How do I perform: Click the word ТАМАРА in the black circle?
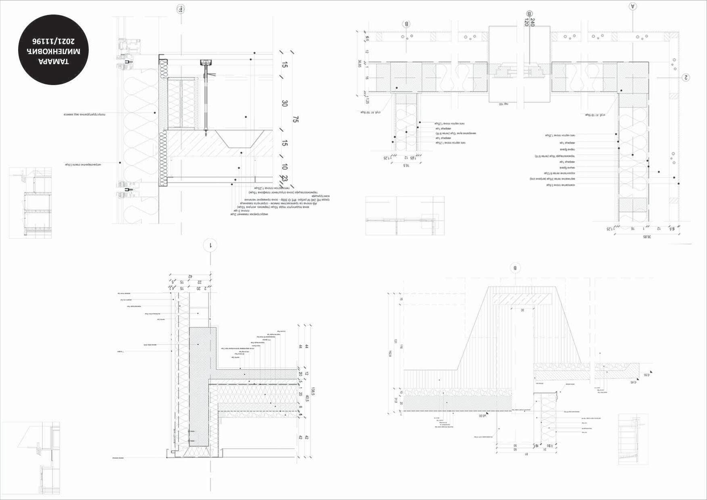(x=54, y=62)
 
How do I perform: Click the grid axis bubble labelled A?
(x=632, y=6)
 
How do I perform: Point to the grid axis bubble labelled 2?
(x=685, y=77)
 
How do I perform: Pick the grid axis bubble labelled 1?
(x=211, y=245)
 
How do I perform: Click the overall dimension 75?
(x=296, y=119)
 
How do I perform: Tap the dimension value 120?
(x=526, y=23)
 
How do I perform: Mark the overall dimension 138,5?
(x=312, y=391)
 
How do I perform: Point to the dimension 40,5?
(x=307, y=398)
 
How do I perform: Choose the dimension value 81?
(x=526, y=454)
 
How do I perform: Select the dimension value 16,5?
(x=407, y=165)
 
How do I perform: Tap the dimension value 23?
(x=285, y=179)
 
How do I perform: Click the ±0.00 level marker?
(x=482, y=415)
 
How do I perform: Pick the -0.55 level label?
(x=646, y=375)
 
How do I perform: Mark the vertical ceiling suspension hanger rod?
(x=207, y=97)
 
